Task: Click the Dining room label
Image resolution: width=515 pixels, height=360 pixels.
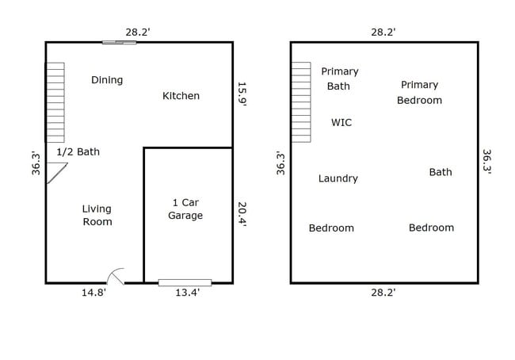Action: coord(107,80)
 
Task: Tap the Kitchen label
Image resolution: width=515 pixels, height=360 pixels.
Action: coord(181,96)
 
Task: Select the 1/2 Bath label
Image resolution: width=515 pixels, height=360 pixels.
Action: coord(78,151)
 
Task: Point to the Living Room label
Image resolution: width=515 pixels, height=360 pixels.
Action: coord(97,216)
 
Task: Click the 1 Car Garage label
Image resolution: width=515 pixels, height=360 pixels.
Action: coord(186,209)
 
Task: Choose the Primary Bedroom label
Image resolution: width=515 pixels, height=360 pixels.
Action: coord(419,93)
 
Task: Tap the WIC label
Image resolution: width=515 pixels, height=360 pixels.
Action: coord(341,123)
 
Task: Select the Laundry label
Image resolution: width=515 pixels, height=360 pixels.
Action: coord(338,178)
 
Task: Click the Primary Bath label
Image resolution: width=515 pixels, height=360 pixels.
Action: coord(339,79)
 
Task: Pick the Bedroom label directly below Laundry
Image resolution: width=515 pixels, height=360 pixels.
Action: coord(331,228)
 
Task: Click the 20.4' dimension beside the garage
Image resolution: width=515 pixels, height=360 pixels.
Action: coord(242,214)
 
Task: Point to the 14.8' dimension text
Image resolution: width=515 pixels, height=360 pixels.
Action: coord(93,293)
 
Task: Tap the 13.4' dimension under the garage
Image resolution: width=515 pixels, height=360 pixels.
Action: coord(187,293)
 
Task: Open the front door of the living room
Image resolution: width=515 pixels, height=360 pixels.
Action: coord(116,275)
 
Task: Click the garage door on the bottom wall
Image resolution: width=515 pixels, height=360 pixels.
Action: coord(185,282)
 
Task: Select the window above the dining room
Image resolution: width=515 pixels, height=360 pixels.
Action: coord(119,42)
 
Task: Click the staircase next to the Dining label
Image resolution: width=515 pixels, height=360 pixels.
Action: coord(55,102)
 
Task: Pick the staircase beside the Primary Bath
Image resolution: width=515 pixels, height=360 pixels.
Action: coord(301,102)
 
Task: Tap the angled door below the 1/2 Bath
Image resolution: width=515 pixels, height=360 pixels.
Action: coord(55,172)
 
